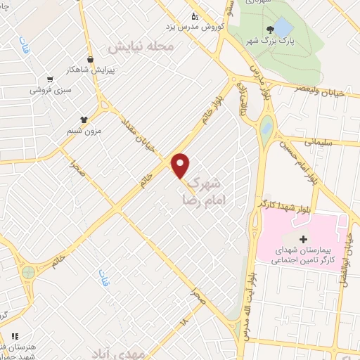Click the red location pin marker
point(181,165)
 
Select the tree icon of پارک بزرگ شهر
point(269,30)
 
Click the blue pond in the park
point(282,27)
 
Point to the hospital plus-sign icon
point(303,240)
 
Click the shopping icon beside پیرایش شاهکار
point(90,60)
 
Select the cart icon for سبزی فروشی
point(50,79)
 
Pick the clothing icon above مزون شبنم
point(84,120)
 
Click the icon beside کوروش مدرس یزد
point(195,16)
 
